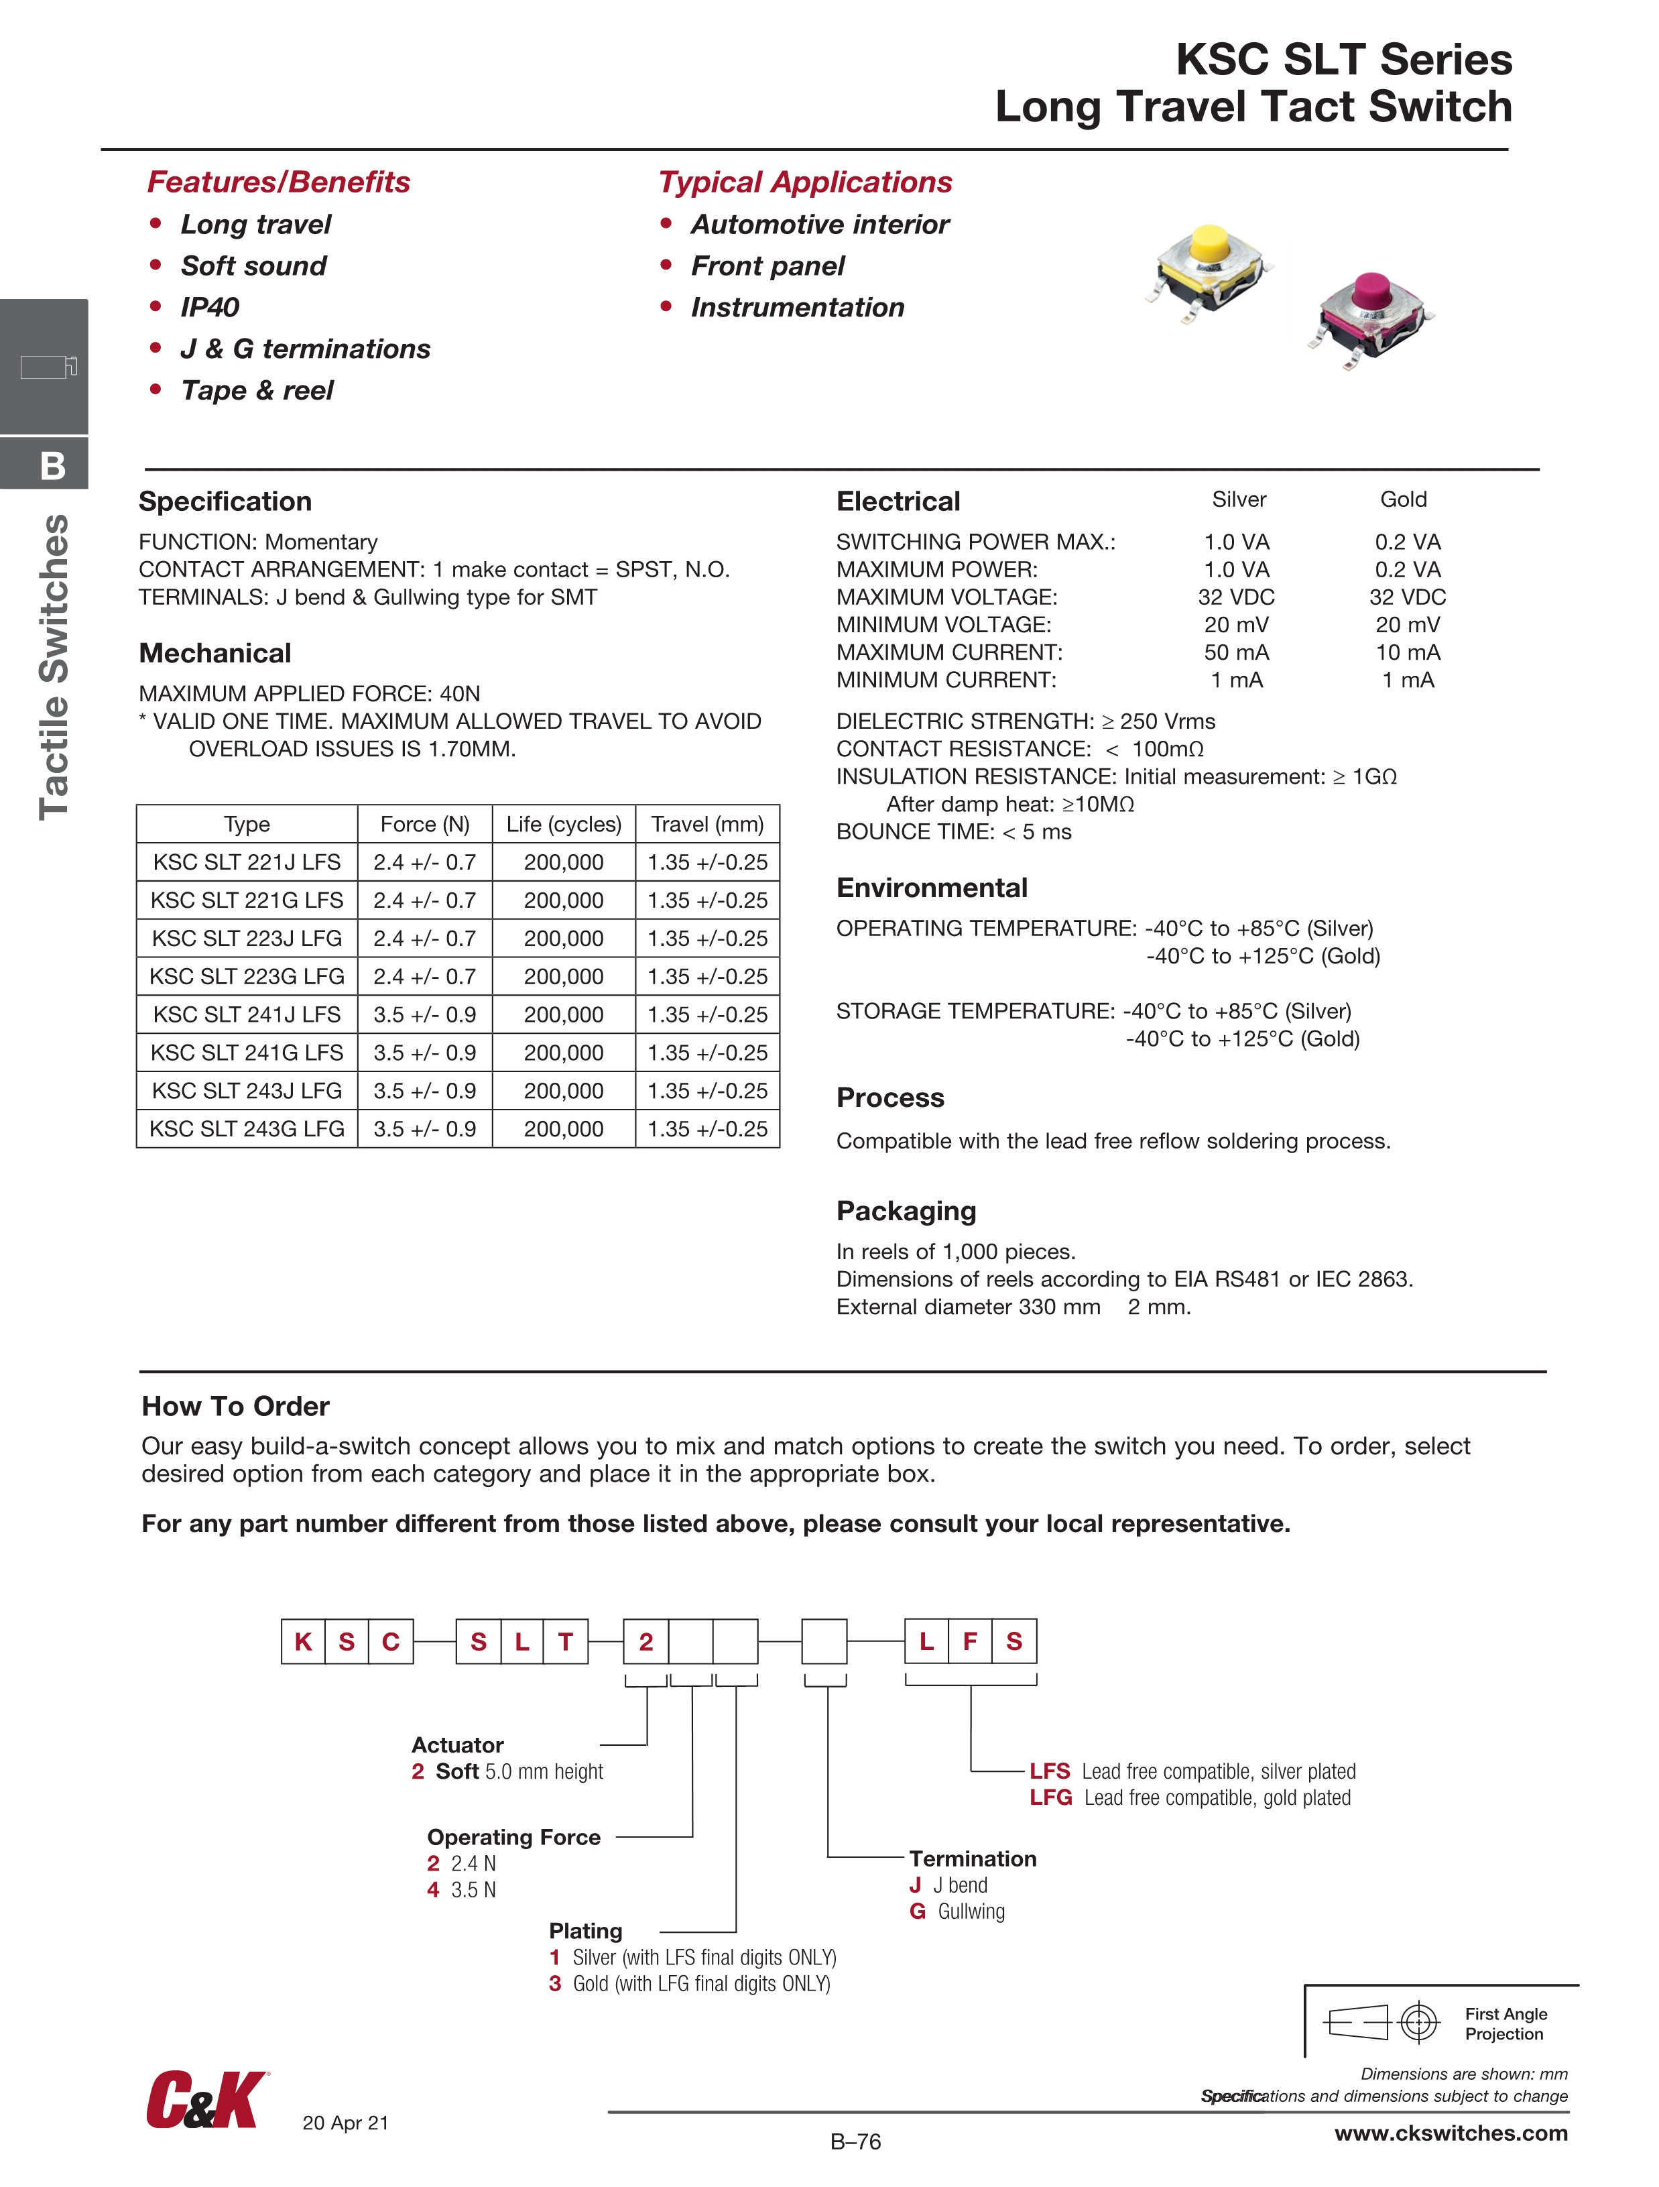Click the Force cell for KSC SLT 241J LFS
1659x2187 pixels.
pyautogui.click(x=424, y=1014)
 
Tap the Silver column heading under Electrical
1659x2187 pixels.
pyautogui.click(x=1239, y=499)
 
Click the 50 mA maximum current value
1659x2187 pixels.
pyautogui.click(x=1236, y=652)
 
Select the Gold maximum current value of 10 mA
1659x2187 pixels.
pyautogui.click(x=1407, y=652)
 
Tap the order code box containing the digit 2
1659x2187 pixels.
pyautogui.click(x=646, y=1641)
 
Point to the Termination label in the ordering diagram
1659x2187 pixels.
pyautogui.click(x=972, y=1858)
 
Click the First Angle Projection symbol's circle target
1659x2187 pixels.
pyautogui.click(x=1419, y=2023)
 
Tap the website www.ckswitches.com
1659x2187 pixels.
pyautogui.click(x=1451, y=2133)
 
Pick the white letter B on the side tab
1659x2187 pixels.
pyautogui.click(x=54, y=466)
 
